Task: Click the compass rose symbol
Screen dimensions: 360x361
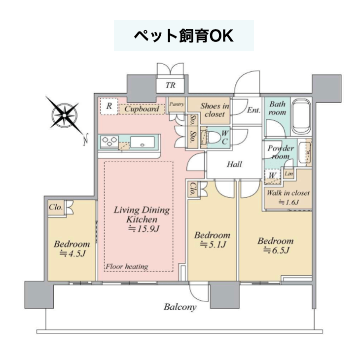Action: (x=65, y=114)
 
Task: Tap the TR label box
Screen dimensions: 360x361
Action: (x=170, y=85)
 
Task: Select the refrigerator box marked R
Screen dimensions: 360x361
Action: (x=109, y=106)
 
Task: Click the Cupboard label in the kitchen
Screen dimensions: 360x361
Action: (x=142, y=109)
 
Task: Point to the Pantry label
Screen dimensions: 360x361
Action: (x=177, y=104)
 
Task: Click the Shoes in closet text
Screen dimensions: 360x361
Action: (x=215, y=110)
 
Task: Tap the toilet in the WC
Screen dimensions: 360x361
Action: (x=213, y=138)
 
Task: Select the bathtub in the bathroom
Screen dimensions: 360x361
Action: (x=300, y=118)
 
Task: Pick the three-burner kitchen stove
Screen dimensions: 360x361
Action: (x=109, y=142)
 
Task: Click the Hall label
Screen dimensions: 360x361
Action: (x=234, y=164)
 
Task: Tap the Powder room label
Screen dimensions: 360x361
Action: (x=281, y=152)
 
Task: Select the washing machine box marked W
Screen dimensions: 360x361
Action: (x=273, y=177)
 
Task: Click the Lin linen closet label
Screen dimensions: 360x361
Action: (x=288, y=174)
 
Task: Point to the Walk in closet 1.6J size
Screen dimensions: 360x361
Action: (x=288, y=202)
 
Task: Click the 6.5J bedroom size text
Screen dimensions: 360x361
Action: (x=276, y=250)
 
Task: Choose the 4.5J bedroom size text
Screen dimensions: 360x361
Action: (x=72, y=253)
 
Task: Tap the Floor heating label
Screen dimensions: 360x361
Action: (x=127, y=267)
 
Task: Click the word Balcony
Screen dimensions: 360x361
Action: (x=180, y=307)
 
